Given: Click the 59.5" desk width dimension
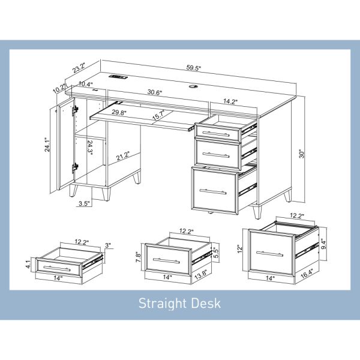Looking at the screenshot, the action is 194,68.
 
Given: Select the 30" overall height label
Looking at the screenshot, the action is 302,154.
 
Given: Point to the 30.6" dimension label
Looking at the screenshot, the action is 155,92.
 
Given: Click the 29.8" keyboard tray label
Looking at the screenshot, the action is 119,112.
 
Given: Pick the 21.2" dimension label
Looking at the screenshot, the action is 123,156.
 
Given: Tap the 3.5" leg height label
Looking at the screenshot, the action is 84,203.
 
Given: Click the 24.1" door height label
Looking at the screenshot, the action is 47,145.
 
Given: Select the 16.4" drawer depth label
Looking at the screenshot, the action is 307,274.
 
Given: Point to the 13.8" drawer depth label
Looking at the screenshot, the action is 201,275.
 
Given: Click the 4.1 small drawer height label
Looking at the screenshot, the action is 28,264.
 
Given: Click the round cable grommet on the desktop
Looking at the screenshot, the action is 192,86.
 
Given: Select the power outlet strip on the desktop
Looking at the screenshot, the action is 118,76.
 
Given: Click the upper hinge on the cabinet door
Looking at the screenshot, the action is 74,110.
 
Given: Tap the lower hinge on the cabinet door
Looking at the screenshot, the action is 74,168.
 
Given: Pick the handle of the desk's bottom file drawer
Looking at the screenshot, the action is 213,191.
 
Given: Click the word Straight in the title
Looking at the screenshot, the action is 162,304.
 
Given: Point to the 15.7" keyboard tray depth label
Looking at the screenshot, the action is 158,115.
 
